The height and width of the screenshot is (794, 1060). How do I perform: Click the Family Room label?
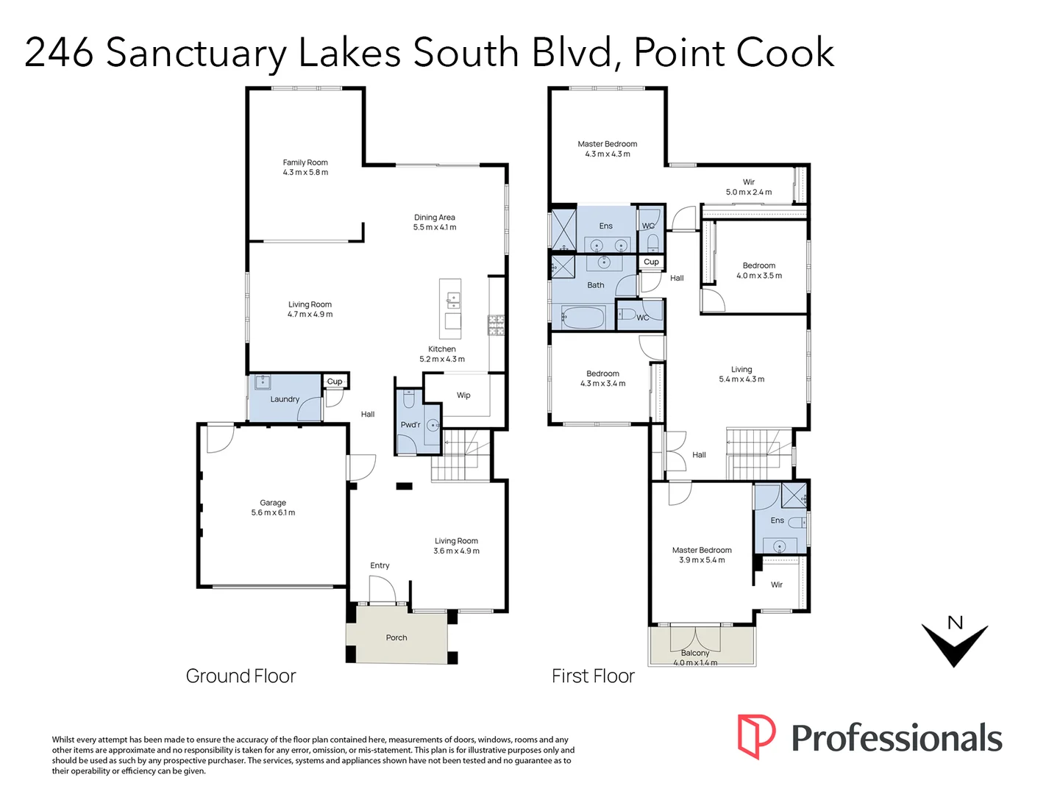pos(305,162)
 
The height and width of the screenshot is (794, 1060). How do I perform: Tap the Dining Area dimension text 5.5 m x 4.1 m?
pos(434,228)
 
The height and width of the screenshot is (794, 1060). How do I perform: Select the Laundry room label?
pos(285,399)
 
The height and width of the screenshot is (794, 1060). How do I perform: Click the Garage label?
pos(273,503)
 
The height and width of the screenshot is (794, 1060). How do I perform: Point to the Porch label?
pos(396,637)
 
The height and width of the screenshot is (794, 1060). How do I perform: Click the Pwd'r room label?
pos(410,425)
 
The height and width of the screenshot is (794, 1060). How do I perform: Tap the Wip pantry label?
pos(463,396)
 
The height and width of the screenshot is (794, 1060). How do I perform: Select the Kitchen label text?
pos(442,349)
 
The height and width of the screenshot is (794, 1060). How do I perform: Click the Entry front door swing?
pos(382,588)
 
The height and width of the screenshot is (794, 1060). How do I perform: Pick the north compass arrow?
pos(954,643)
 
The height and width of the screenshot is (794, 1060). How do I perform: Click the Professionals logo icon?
pos(756,736)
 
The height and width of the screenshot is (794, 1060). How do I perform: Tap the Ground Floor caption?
pos(241,676)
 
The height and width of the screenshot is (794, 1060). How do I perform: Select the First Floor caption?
pos(593,676)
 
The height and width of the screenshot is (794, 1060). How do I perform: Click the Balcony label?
pos(695,653)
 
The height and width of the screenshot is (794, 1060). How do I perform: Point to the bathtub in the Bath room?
pos(583,319)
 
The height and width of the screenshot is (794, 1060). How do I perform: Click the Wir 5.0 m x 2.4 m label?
pos(749,187)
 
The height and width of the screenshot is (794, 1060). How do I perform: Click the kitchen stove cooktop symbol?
pos(497,325)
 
